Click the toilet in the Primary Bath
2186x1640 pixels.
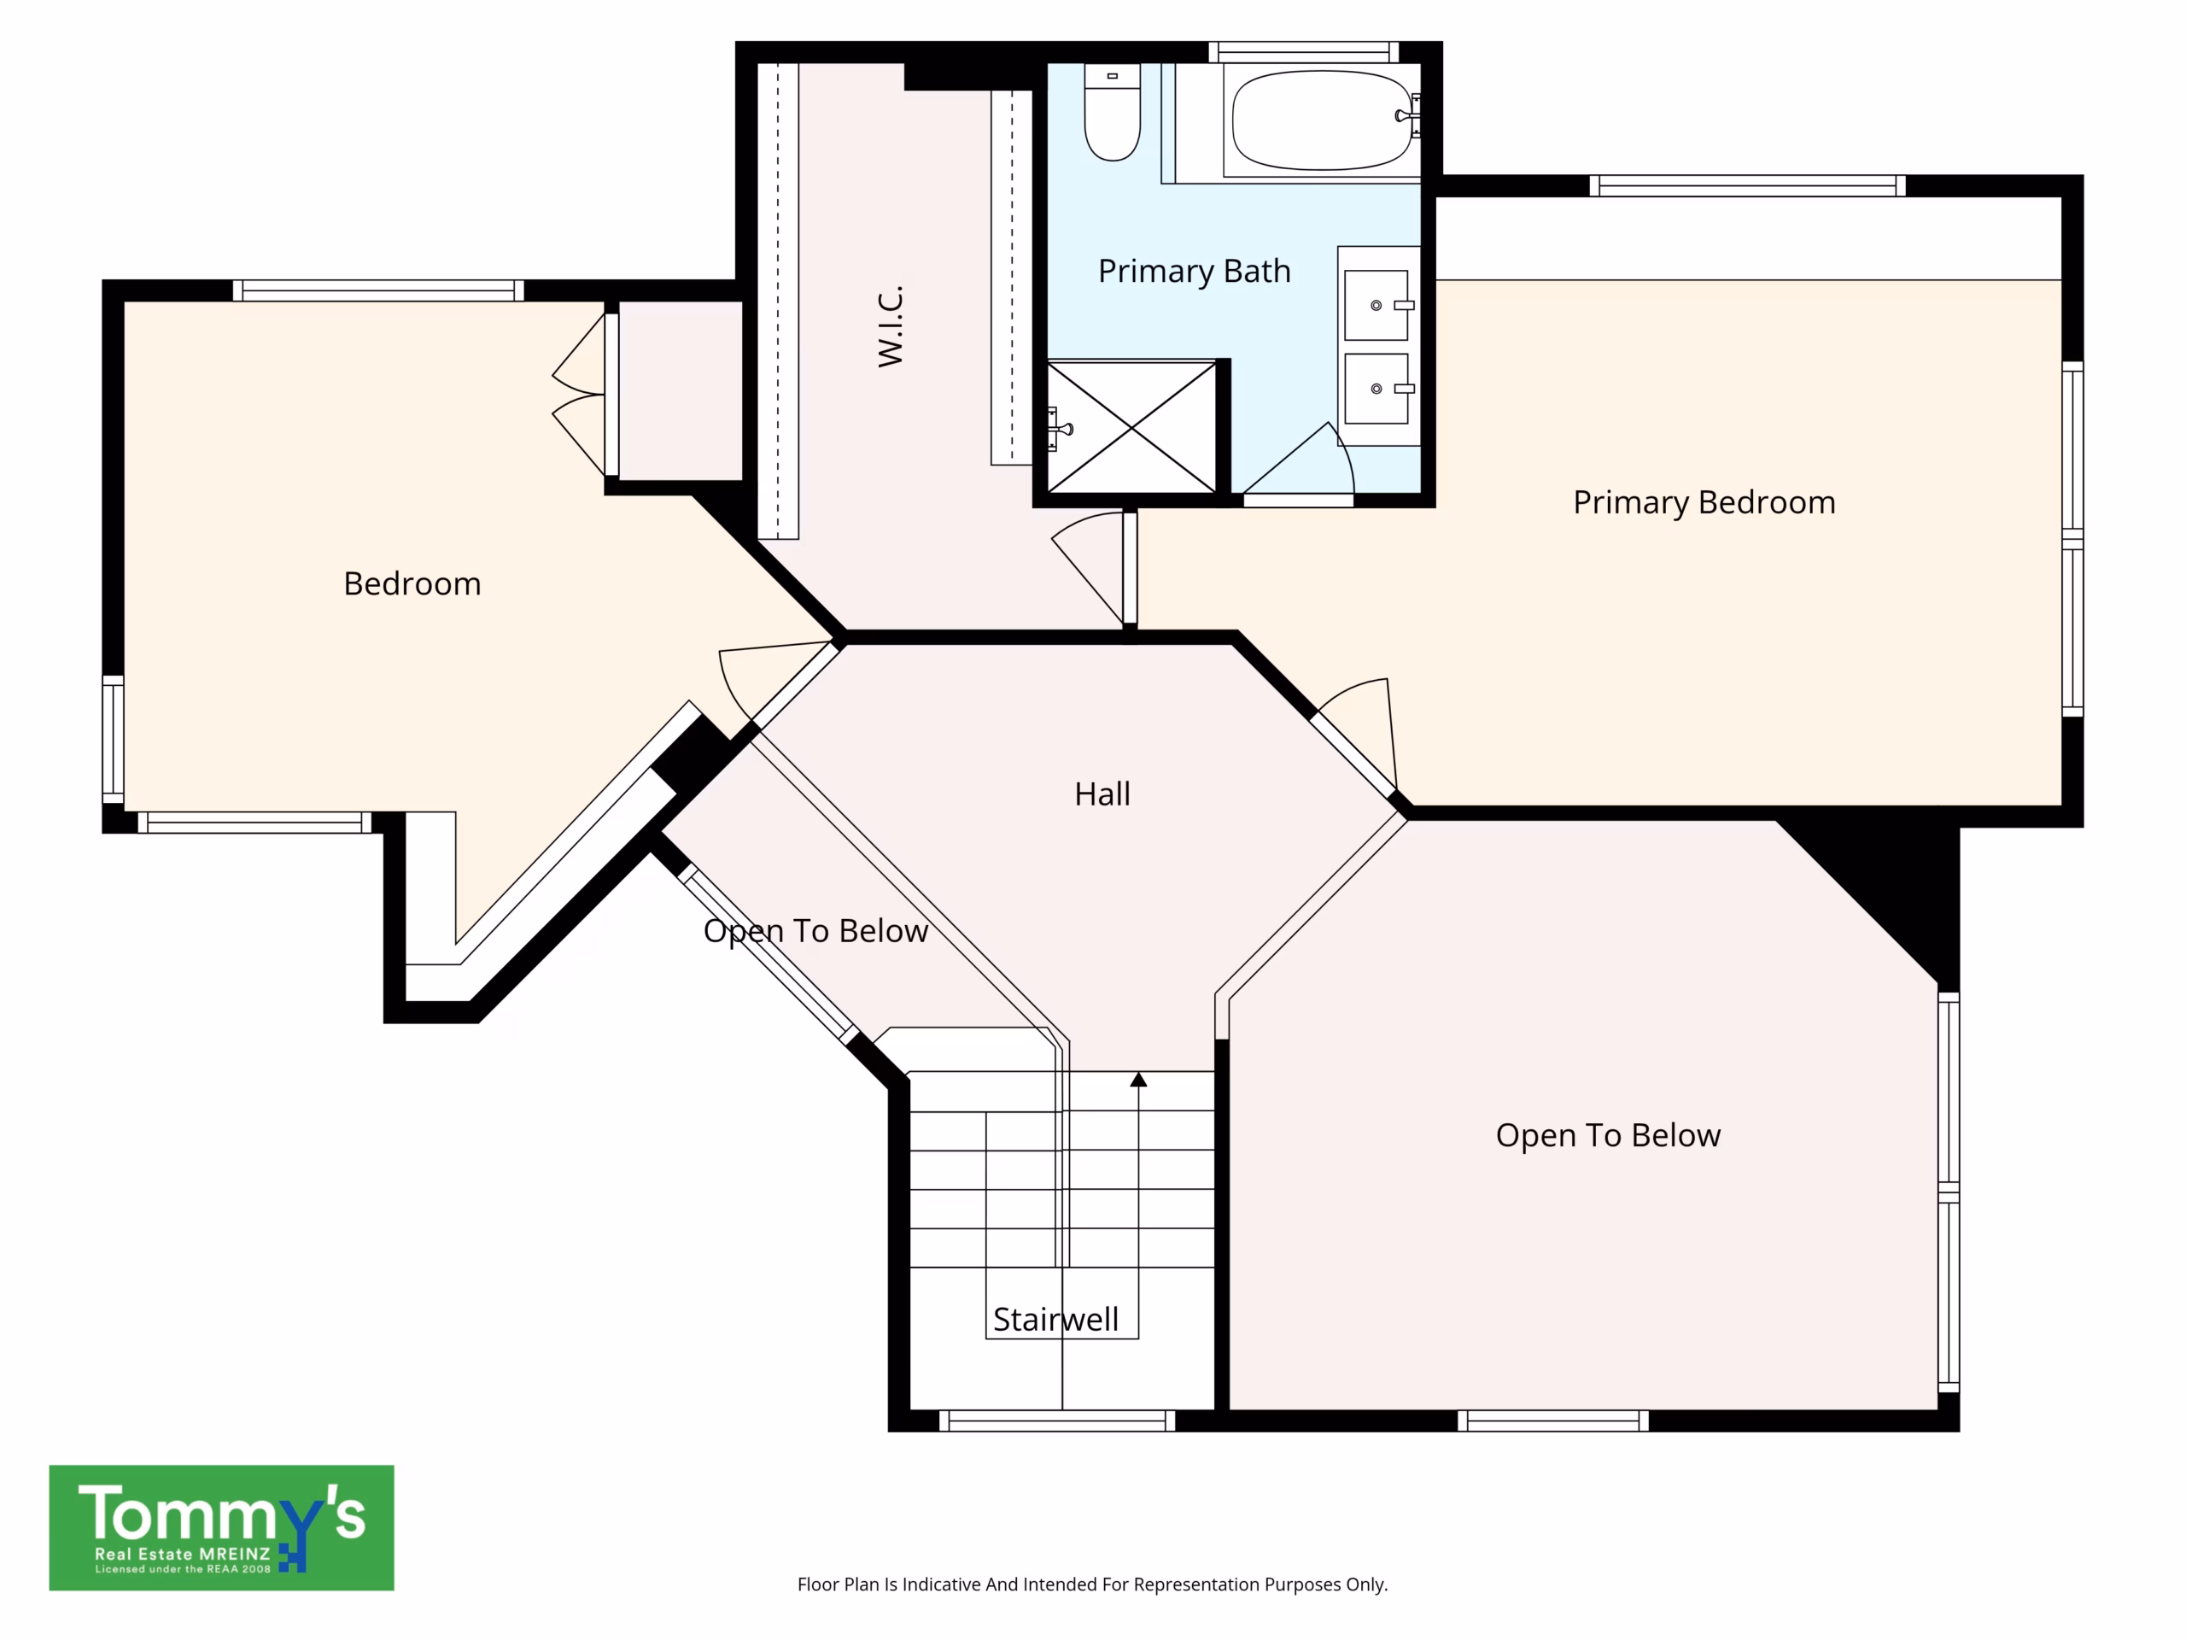click(1112, 112)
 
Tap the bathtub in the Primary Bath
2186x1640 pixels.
click(1322, 120)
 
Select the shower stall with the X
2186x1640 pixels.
click(1131, 426)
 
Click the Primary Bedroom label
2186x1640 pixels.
click(1704, 503)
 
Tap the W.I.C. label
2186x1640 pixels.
click(891, 326)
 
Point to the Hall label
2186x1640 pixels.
click(1102, 794)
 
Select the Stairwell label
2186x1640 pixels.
click(1055, 1319)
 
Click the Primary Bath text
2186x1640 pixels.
click(1194, 271)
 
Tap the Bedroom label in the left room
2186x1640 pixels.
click(412, 583)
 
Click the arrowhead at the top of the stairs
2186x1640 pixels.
click(1138, 1080)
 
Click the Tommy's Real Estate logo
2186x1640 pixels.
click(221, 1527)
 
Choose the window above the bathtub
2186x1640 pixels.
click(1304, 51)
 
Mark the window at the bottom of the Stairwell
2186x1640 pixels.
click(1056, 1420)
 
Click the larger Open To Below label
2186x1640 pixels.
click(1608, 1136)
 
